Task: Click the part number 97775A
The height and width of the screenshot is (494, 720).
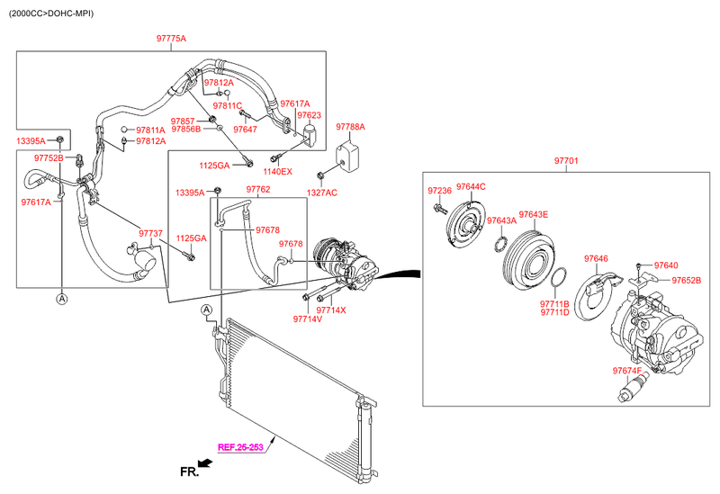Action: tap(171, 39)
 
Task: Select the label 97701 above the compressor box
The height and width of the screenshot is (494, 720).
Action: tap(566, 161)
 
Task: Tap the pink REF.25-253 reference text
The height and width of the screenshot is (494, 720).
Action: tap(240, 446)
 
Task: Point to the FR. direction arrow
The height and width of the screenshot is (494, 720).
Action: tap(204, 464)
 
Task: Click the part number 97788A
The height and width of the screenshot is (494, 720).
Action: tap(350, 127)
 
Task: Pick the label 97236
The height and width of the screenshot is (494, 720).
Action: tap(439, 191)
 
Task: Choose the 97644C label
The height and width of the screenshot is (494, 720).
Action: tap(471, 186)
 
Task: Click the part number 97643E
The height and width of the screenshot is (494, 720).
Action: tap(534, 214)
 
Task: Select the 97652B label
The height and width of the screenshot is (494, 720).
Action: tap(687, 281)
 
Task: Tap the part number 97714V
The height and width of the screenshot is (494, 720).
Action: tap(307, 319)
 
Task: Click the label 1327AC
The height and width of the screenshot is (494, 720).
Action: tap(321, 193)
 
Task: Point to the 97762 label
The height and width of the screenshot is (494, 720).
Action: tap(257, 190)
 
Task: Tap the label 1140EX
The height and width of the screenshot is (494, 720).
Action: tap(277, 171)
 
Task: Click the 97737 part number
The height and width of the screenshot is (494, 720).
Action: tap(150, 234)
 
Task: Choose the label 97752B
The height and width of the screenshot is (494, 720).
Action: tap(49, 157)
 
